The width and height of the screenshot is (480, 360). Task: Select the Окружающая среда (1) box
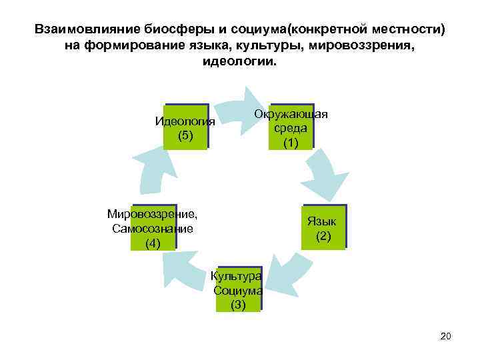click(291, 127)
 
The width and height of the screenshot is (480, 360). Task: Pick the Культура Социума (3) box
click(238, 289)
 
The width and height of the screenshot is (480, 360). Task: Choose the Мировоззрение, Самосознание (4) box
click(153, 227)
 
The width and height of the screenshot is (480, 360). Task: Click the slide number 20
click(446, 336)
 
